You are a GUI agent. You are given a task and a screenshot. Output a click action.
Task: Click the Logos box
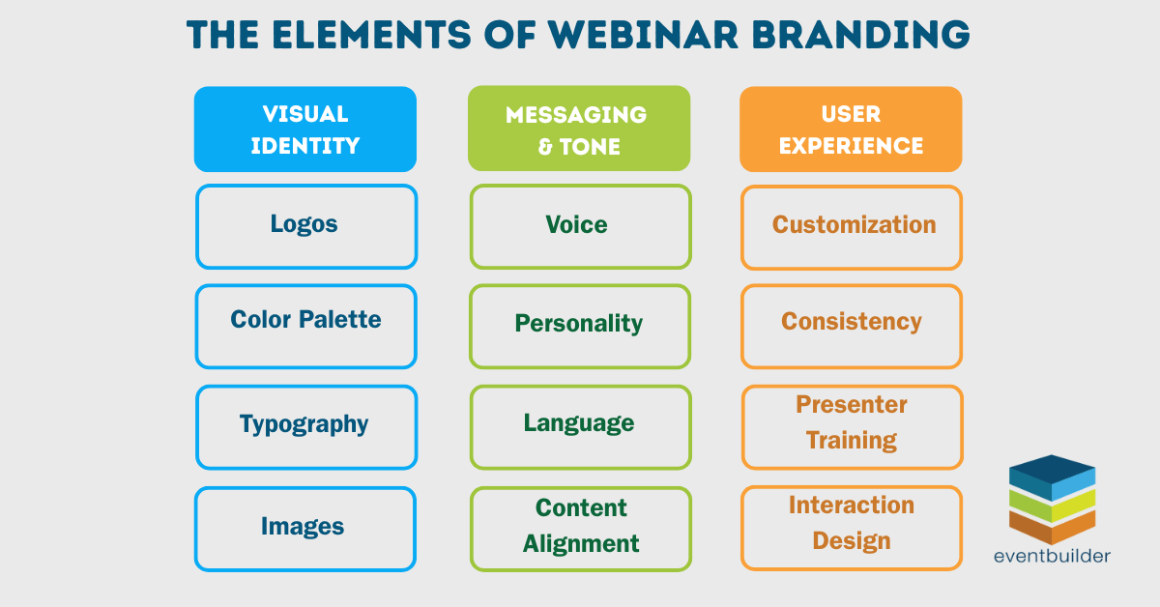click(x=305, y=226)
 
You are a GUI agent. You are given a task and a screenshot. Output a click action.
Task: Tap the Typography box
click(x=305, y=426)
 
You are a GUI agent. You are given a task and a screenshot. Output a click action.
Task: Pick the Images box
click(x=305, y=528)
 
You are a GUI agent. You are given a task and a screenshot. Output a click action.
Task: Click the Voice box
click(x=580, y=226)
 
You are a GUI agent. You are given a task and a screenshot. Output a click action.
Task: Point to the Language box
click(x=580, y=426)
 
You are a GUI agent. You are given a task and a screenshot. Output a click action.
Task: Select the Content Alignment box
click(x=580, y=528)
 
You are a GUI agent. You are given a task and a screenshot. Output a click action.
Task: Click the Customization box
click(x=852, y=226)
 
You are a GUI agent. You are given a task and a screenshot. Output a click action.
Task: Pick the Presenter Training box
click(x=852, y=426)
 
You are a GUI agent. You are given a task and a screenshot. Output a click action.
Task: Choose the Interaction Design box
click(x=852, y=528)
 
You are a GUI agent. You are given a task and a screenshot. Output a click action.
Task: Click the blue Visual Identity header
click(x=305, y=130)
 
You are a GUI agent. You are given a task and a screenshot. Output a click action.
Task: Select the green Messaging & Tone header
click(x=578, y=130)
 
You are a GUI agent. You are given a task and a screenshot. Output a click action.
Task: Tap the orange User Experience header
click(x=851, y=130)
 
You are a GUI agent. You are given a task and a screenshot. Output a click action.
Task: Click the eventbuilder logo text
click(x=1052, y=556)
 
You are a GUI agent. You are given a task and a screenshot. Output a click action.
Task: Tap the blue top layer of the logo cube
click(x=1052, y=471)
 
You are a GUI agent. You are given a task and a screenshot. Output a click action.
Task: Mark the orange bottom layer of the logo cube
click(x=1052, y=526)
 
